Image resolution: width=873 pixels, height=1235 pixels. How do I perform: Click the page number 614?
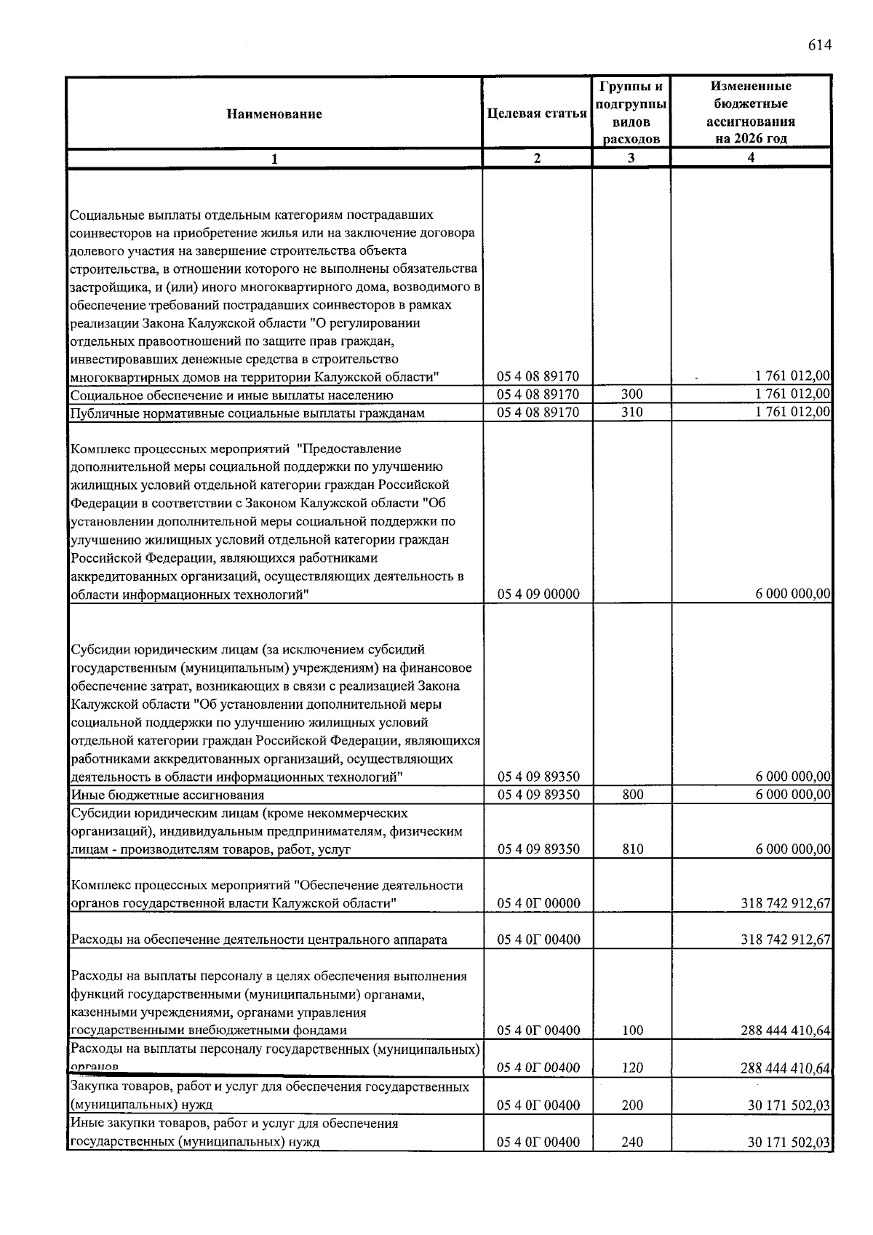(818, 46)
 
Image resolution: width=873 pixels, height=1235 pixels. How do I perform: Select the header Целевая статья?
(537, 114)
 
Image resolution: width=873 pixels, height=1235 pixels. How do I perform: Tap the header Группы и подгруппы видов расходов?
(631, 113)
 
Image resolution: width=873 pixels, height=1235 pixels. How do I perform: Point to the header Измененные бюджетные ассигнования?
(751, 112)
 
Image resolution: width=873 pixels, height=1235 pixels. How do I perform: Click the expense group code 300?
(631, 394)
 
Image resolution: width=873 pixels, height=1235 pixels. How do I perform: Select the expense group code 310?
(631, 413)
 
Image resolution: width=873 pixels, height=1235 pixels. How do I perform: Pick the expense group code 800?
(632, 795)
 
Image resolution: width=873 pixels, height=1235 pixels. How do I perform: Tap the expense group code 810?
(632, 849)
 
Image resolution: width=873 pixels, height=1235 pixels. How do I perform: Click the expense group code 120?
(632, 1068)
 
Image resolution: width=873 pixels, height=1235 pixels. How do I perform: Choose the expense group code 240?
(632, 1142)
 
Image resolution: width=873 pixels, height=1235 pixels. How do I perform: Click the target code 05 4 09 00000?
(538, 594)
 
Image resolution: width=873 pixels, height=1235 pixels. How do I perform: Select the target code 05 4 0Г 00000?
(538, 903)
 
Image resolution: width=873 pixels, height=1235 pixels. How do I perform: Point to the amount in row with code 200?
(789, 1105)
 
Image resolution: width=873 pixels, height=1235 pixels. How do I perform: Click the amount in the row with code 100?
(785, 1030)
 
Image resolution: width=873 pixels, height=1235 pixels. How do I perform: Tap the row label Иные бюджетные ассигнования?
(167, 795)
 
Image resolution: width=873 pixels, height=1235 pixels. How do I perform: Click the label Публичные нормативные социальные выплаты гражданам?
(247, 413)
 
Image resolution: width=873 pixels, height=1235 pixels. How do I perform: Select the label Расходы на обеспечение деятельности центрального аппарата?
(258, 940)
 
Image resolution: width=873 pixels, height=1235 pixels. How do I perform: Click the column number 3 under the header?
(631, 158)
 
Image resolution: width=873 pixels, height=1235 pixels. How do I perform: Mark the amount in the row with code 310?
(792, 413)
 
